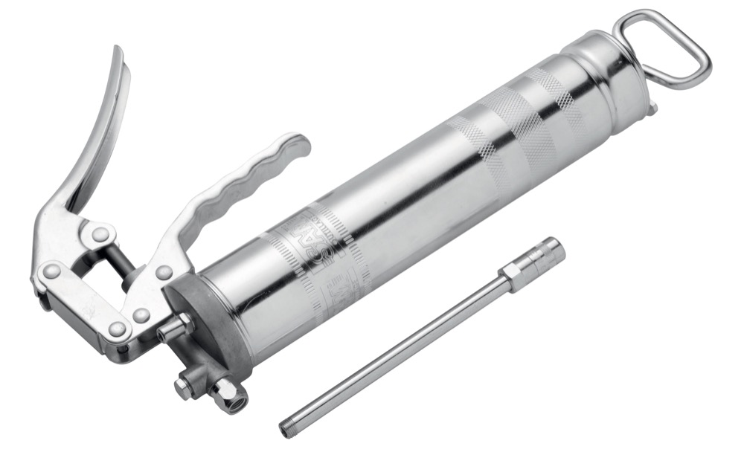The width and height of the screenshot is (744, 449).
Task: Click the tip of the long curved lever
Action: (x=118, y=56)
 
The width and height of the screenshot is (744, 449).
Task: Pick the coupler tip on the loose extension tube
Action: (x=547, y=256)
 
